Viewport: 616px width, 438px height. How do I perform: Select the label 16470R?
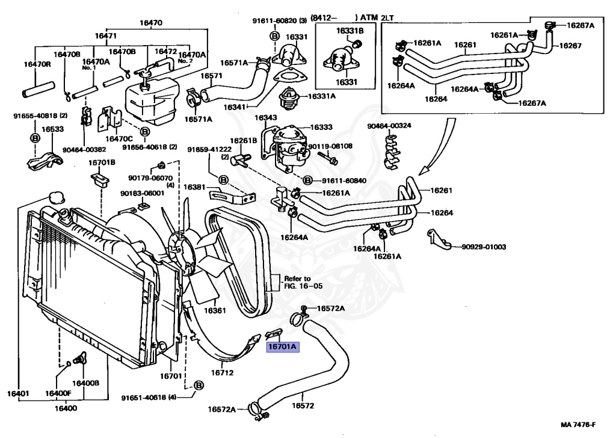pos(37,64)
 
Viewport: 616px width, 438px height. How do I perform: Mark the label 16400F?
pos(58,394)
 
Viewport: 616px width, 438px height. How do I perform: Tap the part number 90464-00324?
pos(389,126)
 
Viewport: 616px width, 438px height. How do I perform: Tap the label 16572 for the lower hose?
pos(303,406)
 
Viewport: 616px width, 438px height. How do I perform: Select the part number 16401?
pos(18,394)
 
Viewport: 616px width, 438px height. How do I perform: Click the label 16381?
pos(195,187)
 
